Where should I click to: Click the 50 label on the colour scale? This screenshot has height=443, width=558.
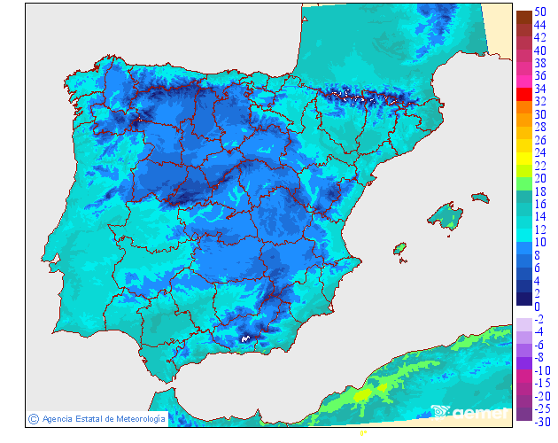coord(540,12)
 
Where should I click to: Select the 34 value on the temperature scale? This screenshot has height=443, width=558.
coord(540,89)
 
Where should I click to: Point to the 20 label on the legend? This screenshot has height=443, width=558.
coord(540,179)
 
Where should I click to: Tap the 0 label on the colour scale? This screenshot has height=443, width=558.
coord(537,307)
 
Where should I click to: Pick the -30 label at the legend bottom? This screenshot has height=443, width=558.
coord(540,422)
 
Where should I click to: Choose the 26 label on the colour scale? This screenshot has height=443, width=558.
coord(540,140)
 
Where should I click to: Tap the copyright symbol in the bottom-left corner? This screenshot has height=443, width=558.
coord(33,419)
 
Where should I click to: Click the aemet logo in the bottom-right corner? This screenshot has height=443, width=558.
coord(470,412)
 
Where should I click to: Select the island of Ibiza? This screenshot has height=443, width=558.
coord(399,249)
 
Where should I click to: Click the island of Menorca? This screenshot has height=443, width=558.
coord(480,197)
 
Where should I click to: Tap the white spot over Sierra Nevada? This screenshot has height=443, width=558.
coord(245,338)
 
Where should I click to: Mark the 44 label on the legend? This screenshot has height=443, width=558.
coord(540,25)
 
